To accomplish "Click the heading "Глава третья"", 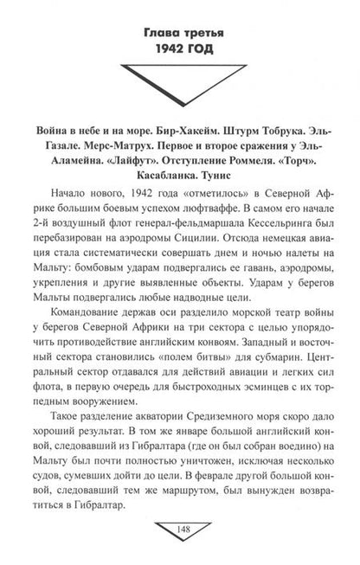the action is [180, 34].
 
